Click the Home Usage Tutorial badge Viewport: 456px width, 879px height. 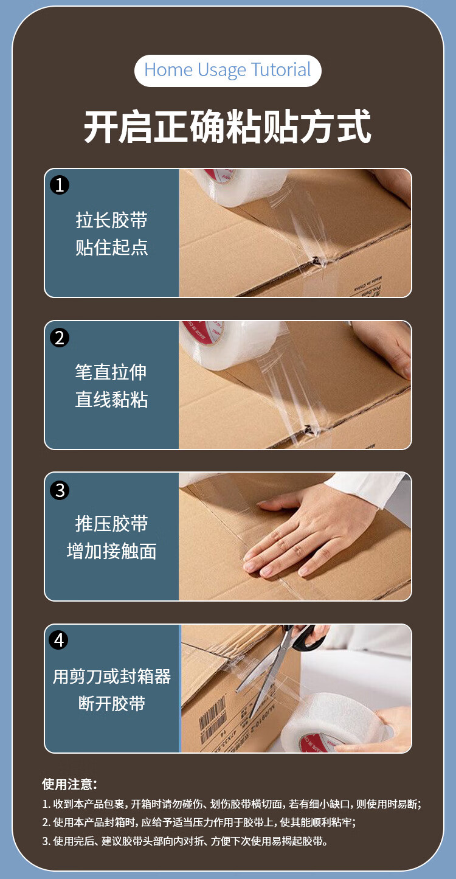tap(227, 71)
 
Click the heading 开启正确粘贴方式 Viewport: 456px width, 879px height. tap(227, 127)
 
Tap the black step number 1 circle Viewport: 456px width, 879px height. tap(60, 185)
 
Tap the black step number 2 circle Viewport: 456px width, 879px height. tap(60, 338)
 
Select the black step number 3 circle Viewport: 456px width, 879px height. tap(60, 490)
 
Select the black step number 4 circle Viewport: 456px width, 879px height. tap(58, 640)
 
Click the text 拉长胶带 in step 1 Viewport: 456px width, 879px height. tap(111, 220)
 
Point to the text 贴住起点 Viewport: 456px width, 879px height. tap(111, 247)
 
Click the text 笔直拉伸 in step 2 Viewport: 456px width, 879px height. tap(111, 372)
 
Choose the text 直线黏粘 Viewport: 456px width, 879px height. tap(111, 400)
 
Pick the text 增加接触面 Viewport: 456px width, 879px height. tap(111, 551)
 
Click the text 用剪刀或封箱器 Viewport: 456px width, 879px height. tap(112, 676)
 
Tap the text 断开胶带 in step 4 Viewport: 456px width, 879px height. tap(112, 703)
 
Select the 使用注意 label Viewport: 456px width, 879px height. tap(69, 784)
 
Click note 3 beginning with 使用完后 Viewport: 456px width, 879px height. tap(185, 841)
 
